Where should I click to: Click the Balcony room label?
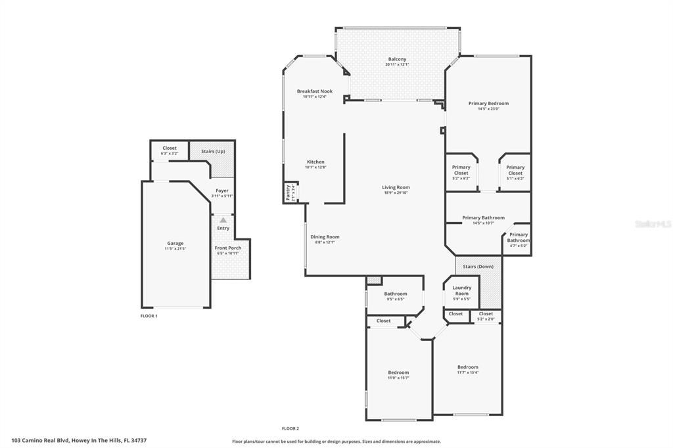tap(397, 60)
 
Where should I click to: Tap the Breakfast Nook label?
tap(314, 91)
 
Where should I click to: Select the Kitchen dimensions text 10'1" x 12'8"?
tap(315, 168)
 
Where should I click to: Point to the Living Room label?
tap(396, 187)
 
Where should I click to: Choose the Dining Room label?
tap(325, 236)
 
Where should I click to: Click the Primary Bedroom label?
tap(488, 103)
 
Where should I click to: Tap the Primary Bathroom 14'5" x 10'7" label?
tap(483, 217)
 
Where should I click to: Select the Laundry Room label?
tap(461, 290)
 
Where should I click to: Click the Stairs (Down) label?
tap(478, 267)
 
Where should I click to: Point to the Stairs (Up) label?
tap(212, 151)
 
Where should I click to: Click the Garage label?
tap(175, 243)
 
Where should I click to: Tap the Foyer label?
tap(222, 190)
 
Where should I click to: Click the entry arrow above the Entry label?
tap(223, 220)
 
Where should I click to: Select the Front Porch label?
tap(228, 248)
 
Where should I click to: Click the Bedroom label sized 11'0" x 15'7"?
tap(398, 372)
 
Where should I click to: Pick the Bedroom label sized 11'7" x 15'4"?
tap(468, 367)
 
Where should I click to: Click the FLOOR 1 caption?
tap(149, 316)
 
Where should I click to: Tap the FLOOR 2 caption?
tap(290, 428)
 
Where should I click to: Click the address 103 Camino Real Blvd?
tap(79, 440)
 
